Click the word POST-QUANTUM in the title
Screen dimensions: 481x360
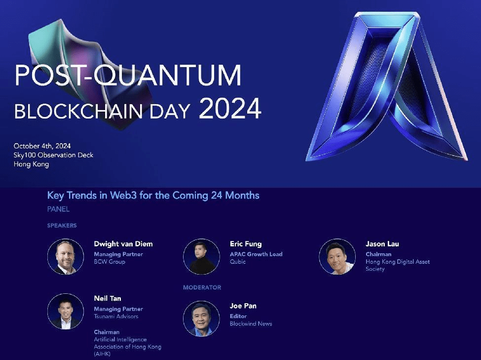point(128,75)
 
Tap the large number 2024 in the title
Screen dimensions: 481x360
point(230,109)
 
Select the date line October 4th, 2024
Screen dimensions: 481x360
point(42,146)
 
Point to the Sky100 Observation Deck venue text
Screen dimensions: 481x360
point(53,155)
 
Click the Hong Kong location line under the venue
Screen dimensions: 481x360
point(31,164)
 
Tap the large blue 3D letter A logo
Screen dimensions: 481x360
point(387,86)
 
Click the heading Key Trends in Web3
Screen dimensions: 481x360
point(153,196)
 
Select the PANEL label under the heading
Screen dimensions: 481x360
point(58,209)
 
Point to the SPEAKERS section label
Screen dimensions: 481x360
point(62,226)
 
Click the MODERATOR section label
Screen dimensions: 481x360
point(202,287)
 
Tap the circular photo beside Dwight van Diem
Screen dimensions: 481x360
point(66,256)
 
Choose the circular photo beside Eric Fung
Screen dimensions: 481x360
point(202,256)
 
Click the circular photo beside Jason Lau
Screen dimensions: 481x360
point(337,256)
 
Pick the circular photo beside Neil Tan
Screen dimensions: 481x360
point(66,311)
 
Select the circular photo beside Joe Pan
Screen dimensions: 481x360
point(202,319)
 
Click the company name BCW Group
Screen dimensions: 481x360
point(110,262)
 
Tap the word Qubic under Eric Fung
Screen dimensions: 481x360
point(238,262)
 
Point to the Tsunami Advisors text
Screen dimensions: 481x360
point(116,317)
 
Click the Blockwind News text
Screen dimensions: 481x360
point(251,324)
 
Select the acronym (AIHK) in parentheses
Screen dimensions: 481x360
point(102,354)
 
